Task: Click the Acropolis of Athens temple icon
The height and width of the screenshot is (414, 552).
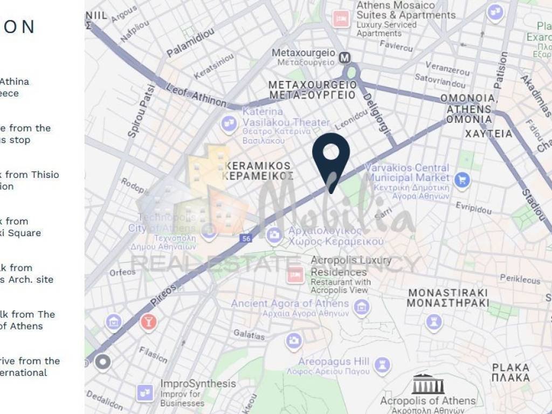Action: pyautogui.click(x=428, y=384)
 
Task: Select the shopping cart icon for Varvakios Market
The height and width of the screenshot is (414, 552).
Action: pyautogui.click(x=462, y=180)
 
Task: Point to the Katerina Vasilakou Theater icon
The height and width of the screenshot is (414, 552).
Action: pyautogui.click(x=229, y=125)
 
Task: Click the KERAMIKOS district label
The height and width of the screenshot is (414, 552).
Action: pyautogui.click(x=259, y=171)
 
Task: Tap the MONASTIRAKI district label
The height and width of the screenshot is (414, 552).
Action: pyautogui.click(x=448, y=298)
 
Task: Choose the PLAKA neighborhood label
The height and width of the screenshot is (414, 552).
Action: pyautogui.click(x=510, y=372)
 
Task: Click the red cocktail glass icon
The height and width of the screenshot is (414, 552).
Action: pyautogui.click(x=147, y=322)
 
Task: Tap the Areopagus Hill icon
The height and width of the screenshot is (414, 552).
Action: pyautogui.click(x=382, y=365)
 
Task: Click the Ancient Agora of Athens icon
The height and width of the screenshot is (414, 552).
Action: pyautogui.click(x=362, y=308)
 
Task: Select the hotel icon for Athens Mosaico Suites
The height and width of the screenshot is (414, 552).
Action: pyautogui.click(x=341, y=19)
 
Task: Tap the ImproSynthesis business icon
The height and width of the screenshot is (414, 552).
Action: pyautogui.click(x=145, y=393)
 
